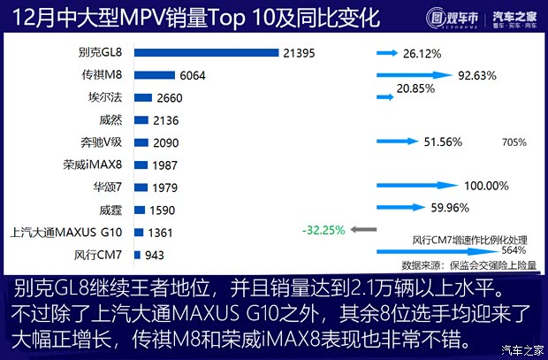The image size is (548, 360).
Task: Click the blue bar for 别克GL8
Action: coord(206,54)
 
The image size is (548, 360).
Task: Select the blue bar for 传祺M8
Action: coord(154,76)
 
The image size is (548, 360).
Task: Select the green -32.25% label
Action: coord(322,230)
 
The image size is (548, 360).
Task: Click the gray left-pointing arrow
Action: coord(363,230)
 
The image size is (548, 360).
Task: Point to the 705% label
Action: coord(514,142)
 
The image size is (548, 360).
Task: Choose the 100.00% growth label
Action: coord(486,186)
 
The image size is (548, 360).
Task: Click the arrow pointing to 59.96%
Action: coord(403,209)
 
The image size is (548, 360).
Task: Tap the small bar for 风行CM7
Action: coord(137,256)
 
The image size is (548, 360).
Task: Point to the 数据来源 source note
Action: coord(468,264)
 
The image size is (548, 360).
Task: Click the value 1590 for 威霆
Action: coord(163,211)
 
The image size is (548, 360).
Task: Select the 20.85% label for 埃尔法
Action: coord(416,89)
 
